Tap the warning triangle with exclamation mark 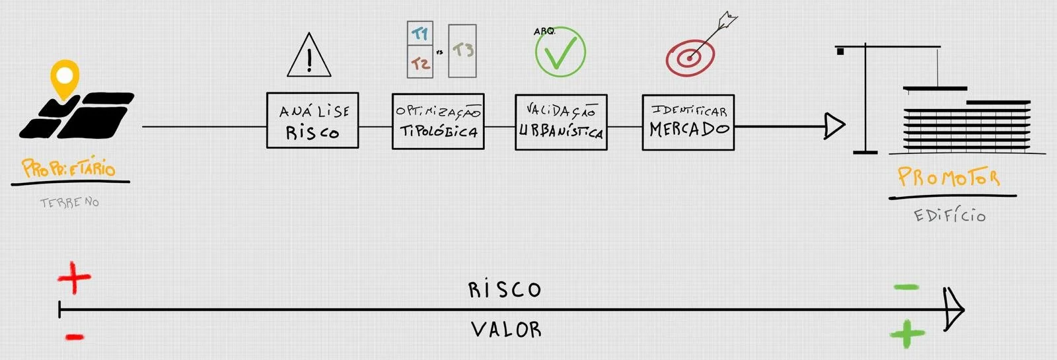(x=309, y=57)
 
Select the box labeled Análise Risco (x=312, y=120)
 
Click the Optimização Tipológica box (x=438, y=122)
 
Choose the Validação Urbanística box (x=561, y=122)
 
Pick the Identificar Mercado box (x=688, y=122)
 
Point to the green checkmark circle (x=560, y=52)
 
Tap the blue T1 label (x=420, y=33)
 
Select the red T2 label (x=420, y=63)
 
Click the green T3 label (x=462, y=50)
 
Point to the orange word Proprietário (x=69, y=168)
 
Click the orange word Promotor (x=948, y=178)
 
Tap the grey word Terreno (x=69, y=203)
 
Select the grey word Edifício (x=949, y=215)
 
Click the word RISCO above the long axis (x=505, y=289)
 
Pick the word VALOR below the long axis (x=506, y=329)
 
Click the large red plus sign (x=74, y=278)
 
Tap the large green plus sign (x=907, y=334)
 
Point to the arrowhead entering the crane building (x=834, y=126)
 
